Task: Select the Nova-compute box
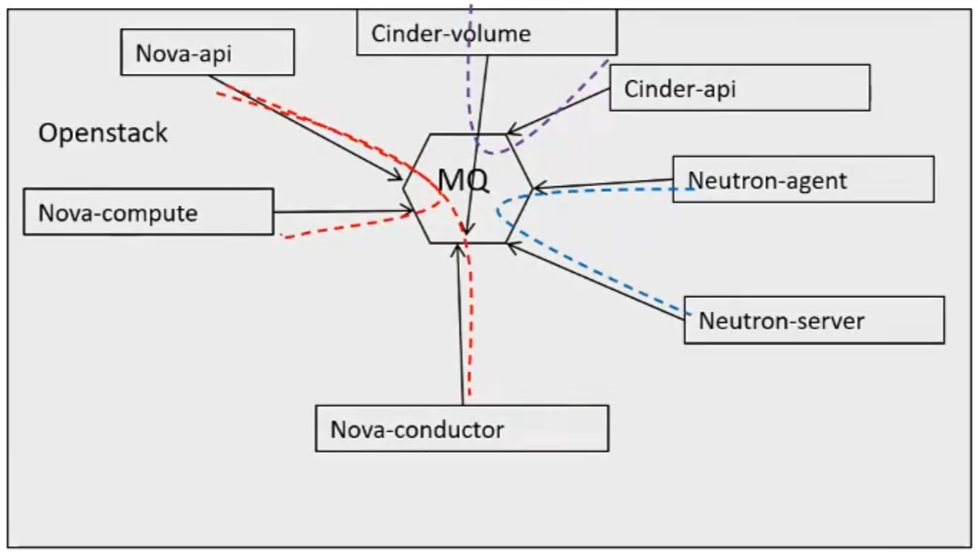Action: click(149, 212)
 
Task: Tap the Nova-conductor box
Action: click(462, 428)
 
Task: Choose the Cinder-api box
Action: click(739, 88)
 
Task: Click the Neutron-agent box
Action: click(803, 179)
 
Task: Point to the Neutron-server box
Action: click(813, 320)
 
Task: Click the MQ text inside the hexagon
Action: click(463, 181)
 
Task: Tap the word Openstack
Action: click(103, 132)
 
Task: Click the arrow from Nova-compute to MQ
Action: click(345, 212)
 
